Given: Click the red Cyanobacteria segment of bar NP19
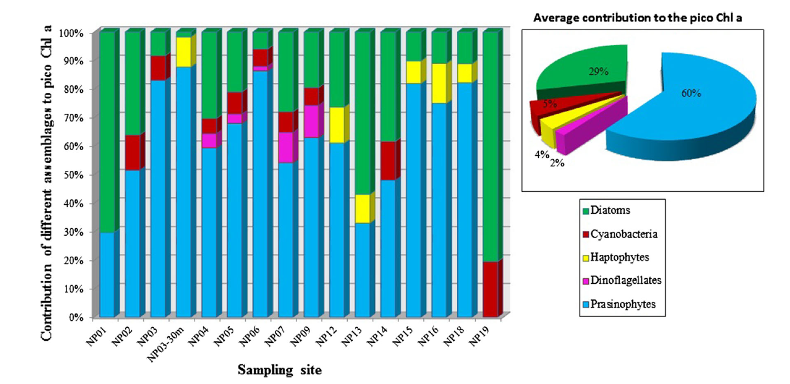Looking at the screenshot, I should coord(490,290).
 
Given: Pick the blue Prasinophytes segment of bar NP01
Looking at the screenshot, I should coord(106,275).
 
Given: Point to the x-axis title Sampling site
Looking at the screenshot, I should coord(280,370).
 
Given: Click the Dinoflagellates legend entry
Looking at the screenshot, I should coord(625,280).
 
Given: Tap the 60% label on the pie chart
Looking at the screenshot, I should coord(691,93).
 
